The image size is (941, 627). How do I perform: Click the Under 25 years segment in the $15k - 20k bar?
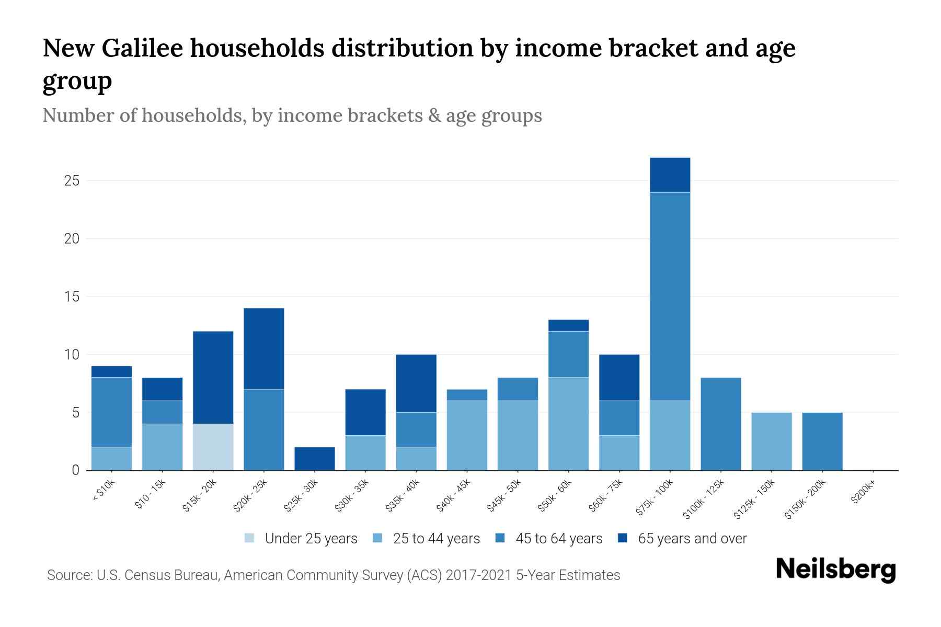(213, 447)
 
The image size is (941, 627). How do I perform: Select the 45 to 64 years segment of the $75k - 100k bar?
(670, 296)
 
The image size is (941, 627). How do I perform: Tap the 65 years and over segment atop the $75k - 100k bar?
(670, 175)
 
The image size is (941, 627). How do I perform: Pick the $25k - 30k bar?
(315, 458)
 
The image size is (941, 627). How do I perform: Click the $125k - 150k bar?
(771, 442)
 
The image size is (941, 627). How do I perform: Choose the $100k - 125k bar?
(720, 424)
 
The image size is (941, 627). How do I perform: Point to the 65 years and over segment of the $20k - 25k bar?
(264, 349)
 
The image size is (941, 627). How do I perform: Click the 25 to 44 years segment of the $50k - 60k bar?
(568, 424)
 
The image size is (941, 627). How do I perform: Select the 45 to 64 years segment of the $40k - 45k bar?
(467, 395)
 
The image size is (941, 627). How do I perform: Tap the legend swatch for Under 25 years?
(250, 538)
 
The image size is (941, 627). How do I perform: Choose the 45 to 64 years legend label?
(559, 539)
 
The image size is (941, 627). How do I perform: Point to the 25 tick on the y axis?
(72, 181)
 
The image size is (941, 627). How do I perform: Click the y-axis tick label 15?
(72, 297)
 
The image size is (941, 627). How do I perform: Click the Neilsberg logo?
(835, 569)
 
